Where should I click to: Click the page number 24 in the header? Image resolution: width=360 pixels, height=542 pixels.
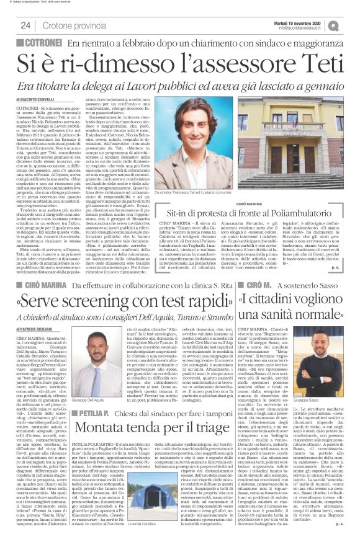tap(25, 25)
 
